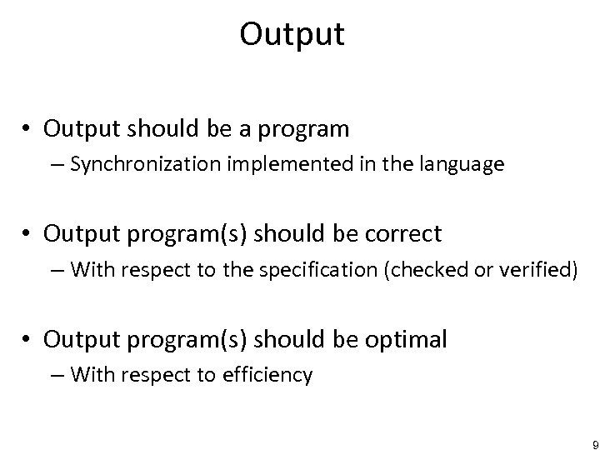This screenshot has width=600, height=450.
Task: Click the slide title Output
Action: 292,35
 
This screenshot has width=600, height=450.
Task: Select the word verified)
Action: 537,269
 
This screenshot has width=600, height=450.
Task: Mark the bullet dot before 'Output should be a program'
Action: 28,129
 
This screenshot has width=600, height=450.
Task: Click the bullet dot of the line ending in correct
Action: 28,234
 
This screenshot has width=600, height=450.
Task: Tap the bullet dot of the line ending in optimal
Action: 28,339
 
